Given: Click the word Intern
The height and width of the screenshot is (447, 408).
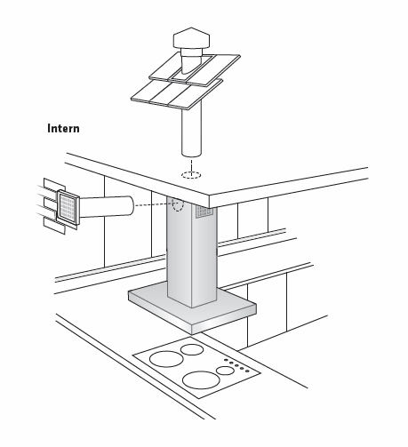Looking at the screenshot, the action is click(x=63, y=129).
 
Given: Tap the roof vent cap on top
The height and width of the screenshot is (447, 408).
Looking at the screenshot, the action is click(x=191, y=38).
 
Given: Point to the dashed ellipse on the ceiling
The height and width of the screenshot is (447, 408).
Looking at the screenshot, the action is click(x=191, y=175).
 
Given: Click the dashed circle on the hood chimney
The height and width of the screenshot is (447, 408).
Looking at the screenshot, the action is click(x=178, y=204).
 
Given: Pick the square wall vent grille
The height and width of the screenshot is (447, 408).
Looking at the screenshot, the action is click(x=68, y=207).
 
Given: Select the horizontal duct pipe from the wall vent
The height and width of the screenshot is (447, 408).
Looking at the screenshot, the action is click(x=107, y=206).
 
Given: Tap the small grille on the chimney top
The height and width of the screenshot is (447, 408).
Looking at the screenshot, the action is click(x=204, y=212).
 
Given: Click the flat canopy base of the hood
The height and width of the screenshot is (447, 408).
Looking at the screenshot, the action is click(x=192, y=308).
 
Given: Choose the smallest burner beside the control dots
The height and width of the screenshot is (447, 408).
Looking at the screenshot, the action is click(x=225, y=371).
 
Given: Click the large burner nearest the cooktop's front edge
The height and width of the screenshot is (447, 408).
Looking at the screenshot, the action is click(x=201, y=380).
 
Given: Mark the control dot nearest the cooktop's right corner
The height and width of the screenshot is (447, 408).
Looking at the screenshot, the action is click(x=247, y=371).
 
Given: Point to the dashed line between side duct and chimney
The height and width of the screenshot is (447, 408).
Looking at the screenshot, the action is click(x=153, y=204).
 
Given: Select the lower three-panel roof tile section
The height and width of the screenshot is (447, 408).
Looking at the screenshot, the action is click(x=177, y=94).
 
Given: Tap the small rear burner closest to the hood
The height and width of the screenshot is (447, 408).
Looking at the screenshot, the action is click(x=192, y=349).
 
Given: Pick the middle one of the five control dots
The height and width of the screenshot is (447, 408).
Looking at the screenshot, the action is click(x=236, y=365).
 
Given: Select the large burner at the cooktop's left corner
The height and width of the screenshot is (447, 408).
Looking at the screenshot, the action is click(x=166, y=359).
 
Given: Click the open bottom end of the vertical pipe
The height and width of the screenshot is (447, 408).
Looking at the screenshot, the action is click(x=192, y=154).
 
